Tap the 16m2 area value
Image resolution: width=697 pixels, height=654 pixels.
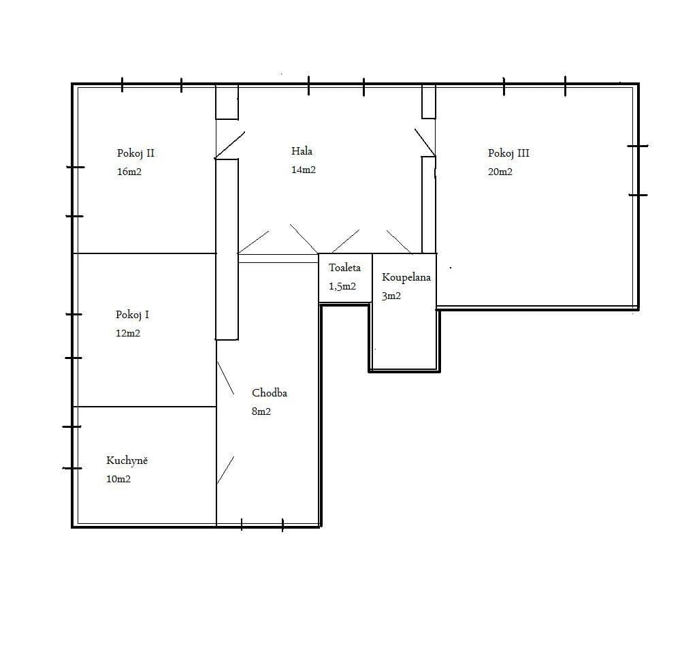click(x=129, y=172)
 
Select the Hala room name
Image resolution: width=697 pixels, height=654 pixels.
click(x=302, y=151)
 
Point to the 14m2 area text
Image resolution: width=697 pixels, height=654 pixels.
click(x=303, y=170)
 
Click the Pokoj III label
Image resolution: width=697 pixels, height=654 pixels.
click(x=508, y=153)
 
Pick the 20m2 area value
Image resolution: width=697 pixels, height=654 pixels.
click(x=500, y=172)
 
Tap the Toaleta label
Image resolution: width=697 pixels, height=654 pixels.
click(x=344, y=268)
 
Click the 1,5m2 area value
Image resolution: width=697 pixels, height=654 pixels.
click(x=342, y=286)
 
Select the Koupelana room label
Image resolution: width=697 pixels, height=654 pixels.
click(x=406, y=277)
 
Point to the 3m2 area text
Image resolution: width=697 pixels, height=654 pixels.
click(x=391, y=296)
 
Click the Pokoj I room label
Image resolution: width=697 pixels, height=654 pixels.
click(x=132, y=315)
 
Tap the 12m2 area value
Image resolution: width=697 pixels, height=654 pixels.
click(x=127, y=333)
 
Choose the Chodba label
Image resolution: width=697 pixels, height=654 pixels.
click(x=269, y=393)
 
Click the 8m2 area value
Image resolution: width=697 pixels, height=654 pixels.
click(x=261, y=411)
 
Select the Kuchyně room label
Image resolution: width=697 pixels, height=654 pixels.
click(x=127, y=461)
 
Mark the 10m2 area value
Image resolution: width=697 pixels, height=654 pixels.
click(x=118, y=479)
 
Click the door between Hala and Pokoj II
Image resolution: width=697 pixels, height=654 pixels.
click(x=229, y=144)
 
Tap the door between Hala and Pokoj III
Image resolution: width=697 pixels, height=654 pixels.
click(x=425, y=141)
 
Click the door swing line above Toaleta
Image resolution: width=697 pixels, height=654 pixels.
click(x=345, y=241)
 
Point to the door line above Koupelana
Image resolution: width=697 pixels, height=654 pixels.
click(x=398, y=241)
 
